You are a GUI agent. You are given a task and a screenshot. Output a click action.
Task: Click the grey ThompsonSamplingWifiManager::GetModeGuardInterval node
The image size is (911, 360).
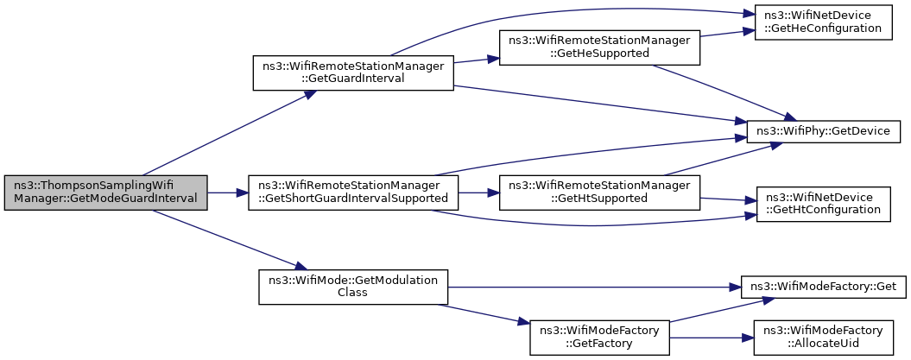(x=105, y=193)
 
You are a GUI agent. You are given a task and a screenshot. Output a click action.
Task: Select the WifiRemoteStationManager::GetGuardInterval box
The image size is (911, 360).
(x=352, y=73)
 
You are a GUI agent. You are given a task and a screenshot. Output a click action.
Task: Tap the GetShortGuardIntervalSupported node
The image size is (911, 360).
(x=353, y=193)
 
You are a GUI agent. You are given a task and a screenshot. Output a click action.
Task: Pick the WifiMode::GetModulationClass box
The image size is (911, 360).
(x=353, y=287)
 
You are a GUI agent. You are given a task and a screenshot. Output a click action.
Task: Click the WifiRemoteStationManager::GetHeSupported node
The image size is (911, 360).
(x=599, y=46)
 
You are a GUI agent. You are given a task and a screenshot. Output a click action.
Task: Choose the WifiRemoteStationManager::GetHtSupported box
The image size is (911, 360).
(x=599, y=193)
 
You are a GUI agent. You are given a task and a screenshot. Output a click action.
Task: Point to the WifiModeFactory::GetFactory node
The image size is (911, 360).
(x=599, y=338)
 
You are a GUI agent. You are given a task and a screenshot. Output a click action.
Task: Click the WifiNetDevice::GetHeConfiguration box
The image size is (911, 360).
(x=823, y=22)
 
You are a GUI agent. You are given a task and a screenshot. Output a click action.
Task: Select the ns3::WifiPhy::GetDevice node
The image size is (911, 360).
(x=823, y=131)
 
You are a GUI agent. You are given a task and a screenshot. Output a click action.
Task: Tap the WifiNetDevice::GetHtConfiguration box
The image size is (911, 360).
(x=823, y=204)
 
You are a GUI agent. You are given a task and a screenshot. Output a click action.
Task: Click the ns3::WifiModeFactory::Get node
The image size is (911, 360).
(x=823, y=287)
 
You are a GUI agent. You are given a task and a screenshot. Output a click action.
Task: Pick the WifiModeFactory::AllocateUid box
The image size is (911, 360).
(x=823, y=338)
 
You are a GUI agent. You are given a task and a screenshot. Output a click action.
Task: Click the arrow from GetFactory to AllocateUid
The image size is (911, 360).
(x=712, y=338)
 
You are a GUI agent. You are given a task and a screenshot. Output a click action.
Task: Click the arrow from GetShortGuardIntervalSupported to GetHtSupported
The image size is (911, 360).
(x=478, y=193)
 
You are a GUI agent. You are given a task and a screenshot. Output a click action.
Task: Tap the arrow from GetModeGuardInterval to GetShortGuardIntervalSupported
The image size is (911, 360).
(x=228, y=193)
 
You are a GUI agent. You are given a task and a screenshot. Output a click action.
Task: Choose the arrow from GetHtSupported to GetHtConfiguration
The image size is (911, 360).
(x=728, y=199)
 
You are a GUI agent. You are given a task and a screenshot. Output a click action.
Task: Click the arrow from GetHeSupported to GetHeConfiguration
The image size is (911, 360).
(x=727, y=33)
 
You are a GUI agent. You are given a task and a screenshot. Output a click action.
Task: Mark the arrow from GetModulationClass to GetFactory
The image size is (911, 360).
(x=484, y=314)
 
